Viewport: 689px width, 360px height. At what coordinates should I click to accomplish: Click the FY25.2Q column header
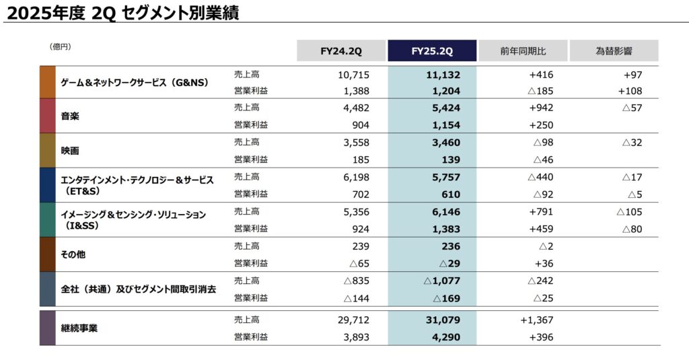pyautogui.click(x=432, y=50)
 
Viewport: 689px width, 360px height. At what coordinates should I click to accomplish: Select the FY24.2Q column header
pyautogui.click(x=341, y=50)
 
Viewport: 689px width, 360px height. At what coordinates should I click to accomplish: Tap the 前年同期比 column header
pyautogui.click(x=523, y=50)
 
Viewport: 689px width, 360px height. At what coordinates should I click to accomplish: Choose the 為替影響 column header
pyautogui.click(x=614, y=50)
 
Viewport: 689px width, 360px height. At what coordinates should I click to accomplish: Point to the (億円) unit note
pyautogui.click(x=60, y=46)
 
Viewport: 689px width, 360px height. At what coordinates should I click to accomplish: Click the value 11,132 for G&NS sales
pyautogui.click(x=443, y=74)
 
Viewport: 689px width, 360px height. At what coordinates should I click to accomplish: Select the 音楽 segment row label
pyautogui.click(x=70, y=116)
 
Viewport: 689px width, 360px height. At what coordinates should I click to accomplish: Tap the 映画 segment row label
pyautogui.click(x=70, y=151)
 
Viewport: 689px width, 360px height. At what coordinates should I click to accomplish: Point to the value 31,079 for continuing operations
pyautogui.click(x=443, y=320)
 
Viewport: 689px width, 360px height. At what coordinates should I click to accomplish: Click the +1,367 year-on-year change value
pyautogui.click(x=536, y=320)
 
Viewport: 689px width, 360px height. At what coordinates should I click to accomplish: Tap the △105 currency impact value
pyautogui.click(x=629, y=211)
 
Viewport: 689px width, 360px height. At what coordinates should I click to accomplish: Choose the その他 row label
pyautogui.click(x=73, y=254)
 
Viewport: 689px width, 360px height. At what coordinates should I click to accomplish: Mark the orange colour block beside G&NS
pyautogui.click(x=47, y=82)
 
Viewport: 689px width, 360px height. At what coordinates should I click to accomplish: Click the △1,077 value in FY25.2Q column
pyautogui.click(x=442, y=281)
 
